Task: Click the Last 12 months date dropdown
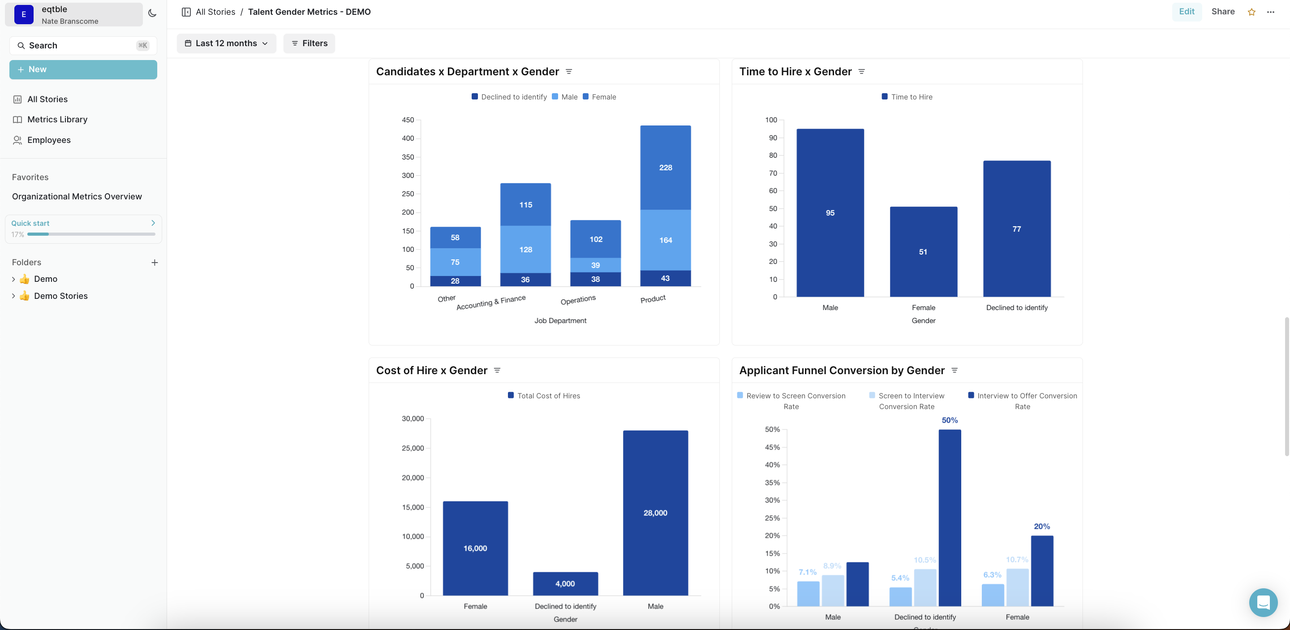[226, 43]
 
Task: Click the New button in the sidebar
[83, 69]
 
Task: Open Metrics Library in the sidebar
[57, 119]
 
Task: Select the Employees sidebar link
[48, 140]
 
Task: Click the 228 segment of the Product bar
[665, 167]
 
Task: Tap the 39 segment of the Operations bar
[595, 265]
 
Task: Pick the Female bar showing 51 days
[923, 251]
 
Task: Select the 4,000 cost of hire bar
[565, 583]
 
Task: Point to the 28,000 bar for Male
[655, 512]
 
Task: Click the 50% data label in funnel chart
[950, 420]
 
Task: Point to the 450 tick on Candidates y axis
[408, 120]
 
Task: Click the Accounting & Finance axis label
[491, 302]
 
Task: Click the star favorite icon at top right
[1251, 12]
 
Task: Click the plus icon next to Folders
[155, 263]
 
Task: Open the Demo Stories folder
[60, 296]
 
